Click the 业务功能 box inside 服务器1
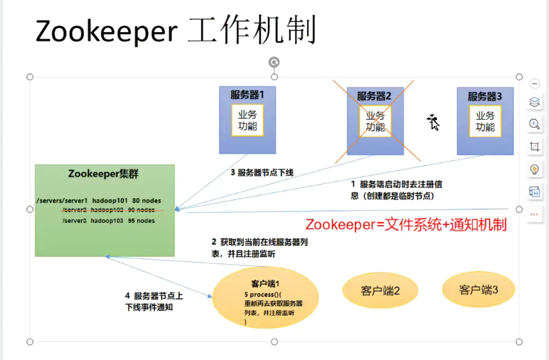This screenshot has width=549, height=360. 247,120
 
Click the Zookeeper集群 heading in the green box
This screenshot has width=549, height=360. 104,174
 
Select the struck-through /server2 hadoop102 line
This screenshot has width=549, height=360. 107,210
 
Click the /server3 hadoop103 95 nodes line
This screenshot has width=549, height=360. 107,220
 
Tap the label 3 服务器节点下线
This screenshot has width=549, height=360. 262,173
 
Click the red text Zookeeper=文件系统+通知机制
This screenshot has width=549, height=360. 406,225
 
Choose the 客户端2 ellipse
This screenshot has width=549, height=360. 380,290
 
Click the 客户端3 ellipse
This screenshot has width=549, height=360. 478,289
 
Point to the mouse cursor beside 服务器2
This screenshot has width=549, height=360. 433,121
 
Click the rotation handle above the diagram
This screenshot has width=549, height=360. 274,62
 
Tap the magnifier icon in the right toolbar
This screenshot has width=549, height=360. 534,124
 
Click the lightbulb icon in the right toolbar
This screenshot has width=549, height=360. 534,169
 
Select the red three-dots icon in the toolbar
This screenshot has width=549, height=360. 534,214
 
